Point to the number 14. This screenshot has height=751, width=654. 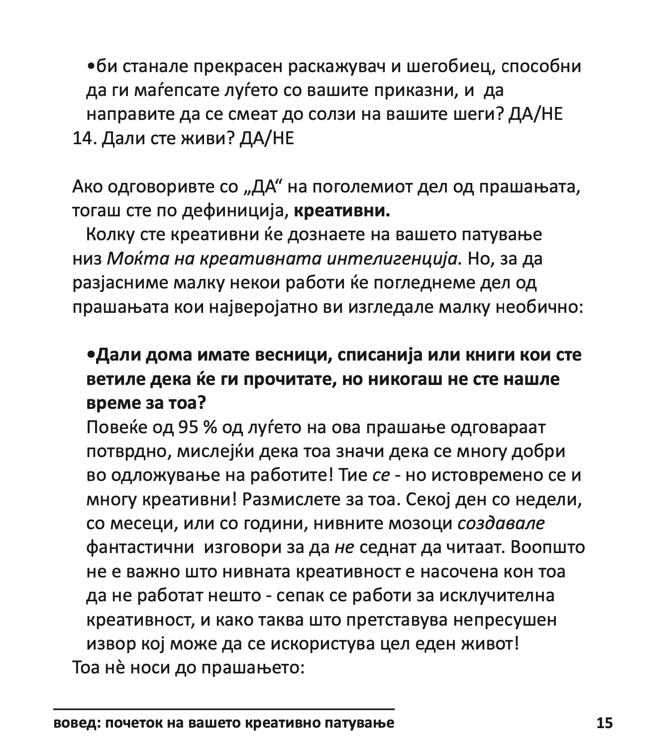pos(84,139)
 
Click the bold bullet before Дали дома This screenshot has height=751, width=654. pos(90,355)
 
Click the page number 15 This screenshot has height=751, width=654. pos(604,723)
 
